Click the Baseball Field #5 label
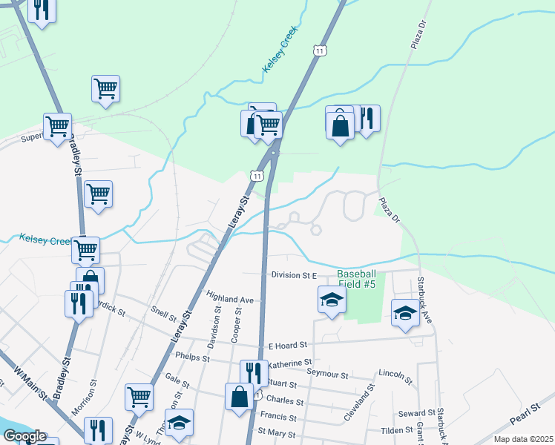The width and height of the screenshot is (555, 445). click(x=358, y=278)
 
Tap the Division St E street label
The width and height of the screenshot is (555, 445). click(x=294, y=274)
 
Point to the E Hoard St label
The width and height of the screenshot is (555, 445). click(x=288, y=346)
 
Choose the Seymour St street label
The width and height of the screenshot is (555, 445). click(x=328, y=375)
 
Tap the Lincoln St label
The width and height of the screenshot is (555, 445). click(x=395, y=376)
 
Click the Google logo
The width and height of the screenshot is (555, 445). click(x=24, y=436)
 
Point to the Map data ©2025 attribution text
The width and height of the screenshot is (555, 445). click(x=523, y=438)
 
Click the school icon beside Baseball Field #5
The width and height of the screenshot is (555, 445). click(x=331, y=300)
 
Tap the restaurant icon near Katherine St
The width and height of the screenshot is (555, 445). click(x=254, y=372)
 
